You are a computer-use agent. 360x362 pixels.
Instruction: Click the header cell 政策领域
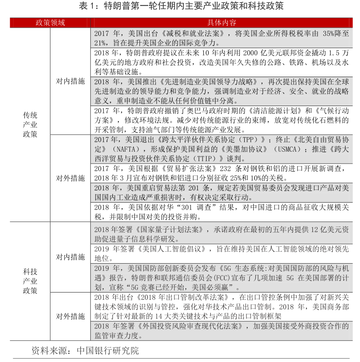[x=50, y=23]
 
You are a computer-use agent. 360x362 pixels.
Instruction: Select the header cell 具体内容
[x=222, y=23]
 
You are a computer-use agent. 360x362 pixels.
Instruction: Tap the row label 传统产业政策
[x=30, y=124]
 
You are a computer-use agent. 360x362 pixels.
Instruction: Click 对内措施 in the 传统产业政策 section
[x=70, y=81]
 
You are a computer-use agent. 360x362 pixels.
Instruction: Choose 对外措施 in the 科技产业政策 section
[x=70, y=316]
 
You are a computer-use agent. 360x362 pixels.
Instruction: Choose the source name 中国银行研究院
[x=108, y=351]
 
